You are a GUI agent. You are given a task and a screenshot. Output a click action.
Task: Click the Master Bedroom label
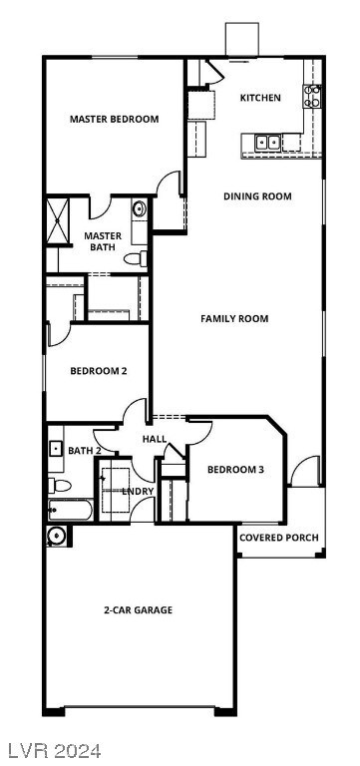click(114, 120)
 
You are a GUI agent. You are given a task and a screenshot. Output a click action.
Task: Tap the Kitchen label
click(260, 98)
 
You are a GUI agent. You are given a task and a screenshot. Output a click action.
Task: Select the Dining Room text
click(257, 196)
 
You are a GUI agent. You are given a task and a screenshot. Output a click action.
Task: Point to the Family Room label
click(234, 319)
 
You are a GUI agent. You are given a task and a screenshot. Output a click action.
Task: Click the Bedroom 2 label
click(99, 372)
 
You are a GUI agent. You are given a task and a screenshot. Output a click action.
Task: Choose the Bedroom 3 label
click(235, 470)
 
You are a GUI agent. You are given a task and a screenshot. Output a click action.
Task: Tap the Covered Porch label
click(279, 538)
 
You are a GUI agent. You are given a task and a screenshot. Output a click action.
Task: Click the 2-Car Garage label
click(138, 609)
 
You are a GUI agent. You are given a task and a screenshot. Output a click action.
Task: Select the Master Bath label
click(104, 241)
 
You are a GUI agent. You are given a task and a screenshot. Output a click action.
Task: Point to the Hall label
click(155, 439)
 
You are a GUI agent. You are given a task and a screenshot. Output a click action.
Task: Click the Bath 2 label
click(85, 451)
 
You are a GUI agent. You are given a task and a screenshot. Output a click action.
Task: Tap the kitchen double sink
click(268, 143)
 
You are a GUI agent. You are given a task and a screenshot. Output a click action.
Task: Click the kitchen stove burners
click(313, 97)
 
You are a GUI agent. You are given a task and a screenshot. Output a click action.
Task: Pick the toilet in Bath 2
click(60, 486)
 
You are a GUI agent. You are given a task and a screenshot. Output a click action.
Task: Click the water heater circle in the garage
click(56, 536)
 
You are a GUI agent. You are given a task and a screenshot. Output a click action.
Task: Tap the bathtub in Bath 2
click(70, 512)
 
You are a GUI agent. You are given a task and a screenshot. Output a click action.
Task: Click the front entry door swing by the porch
click(304, 472)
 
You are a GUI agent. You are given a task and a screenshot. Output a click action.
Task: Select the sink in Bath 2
click(56, 449)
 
